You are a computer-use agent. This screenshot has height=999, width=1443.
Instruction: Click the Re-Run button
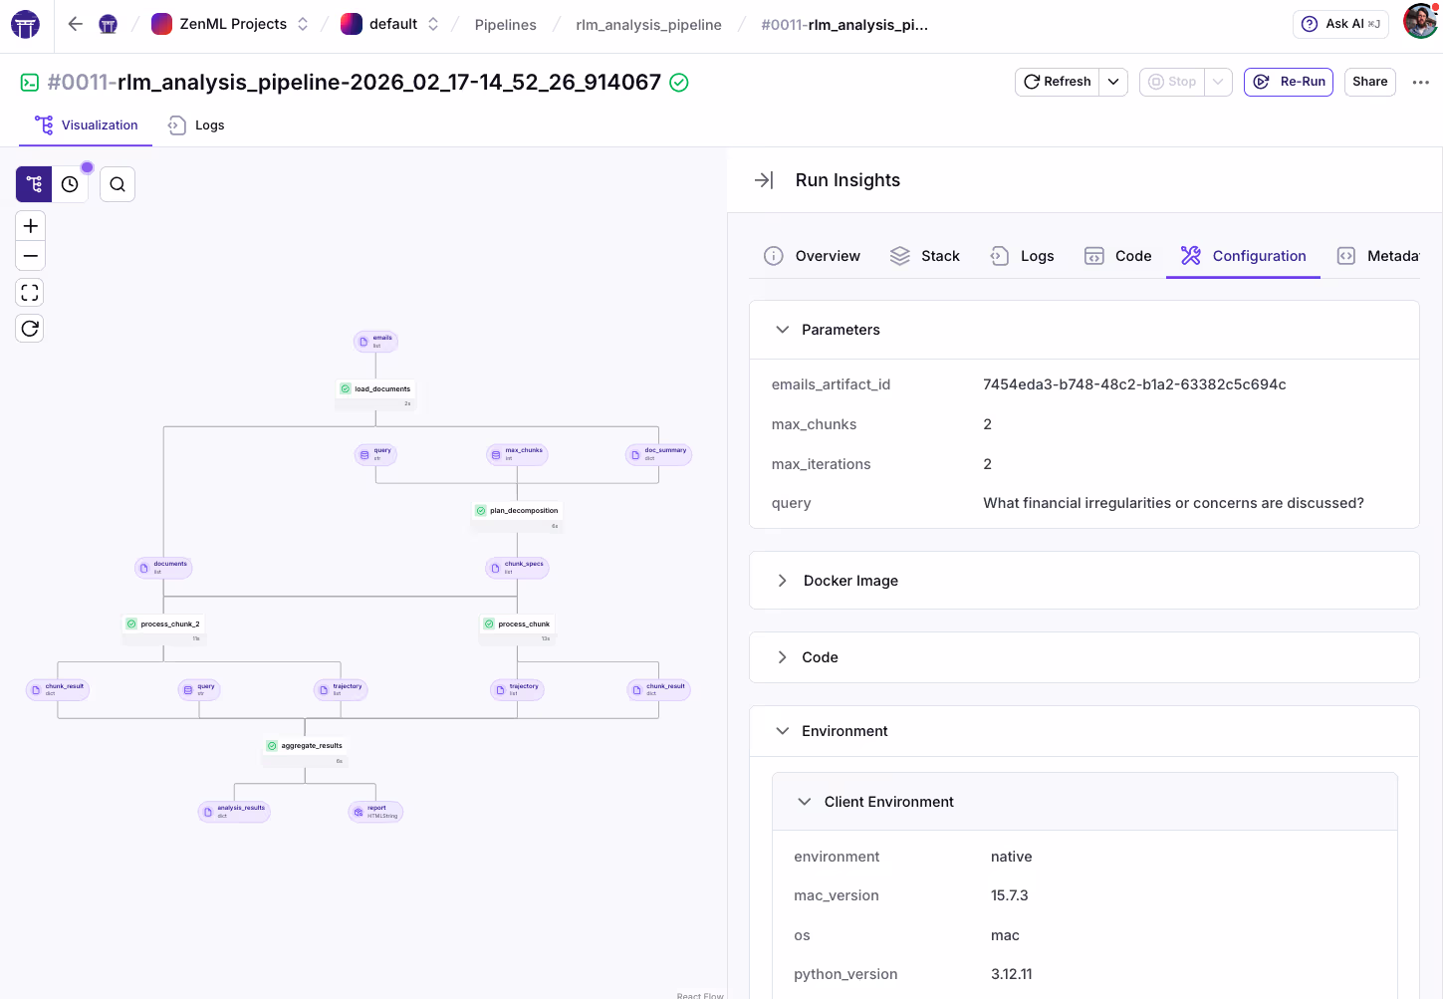1289,82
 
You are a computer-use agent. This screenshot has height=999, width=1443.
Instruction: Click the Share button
1369,82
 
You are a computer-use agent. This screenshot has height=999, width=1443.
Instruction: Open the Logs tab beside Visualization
197,125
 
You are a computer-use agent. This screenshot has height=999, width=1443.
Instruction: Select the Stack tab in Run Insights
925,256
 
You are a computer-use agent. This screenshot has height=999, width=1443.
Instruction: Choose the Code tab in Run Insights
1118,256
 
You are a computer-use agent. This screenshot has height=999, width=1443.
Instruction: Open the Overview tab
813,256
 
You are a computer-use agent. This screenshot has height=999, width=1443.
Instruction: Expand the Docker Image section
850,581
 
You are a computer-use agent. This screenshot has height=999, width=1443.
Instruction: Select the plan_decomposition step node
518,511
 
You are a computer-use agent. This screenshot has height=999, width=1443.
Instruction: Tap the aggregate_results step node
306,746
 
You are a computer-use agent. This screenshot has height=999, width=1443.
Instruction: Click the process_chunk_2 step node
164,624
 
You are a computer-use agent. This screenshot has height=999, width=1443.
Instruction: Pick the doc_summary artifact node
659,454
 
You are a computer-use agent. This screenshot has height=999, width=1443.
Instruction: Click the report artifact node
375,812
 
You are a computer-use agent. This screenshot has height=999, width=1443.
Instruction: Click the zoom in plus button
31,226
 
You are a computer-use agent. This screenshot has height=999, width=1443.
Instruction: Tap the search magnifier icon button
118,184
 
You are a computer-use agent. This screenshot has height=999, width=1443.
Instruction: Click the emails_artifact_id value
1134,384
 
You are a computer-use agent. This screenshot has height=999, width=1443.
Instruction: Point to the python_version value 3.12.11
1011,974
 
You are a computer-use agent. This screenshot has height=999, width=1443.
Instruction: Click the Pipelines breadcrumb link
505,25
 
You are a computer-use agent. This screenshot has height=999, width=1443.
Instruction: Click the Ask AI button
1340,24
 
